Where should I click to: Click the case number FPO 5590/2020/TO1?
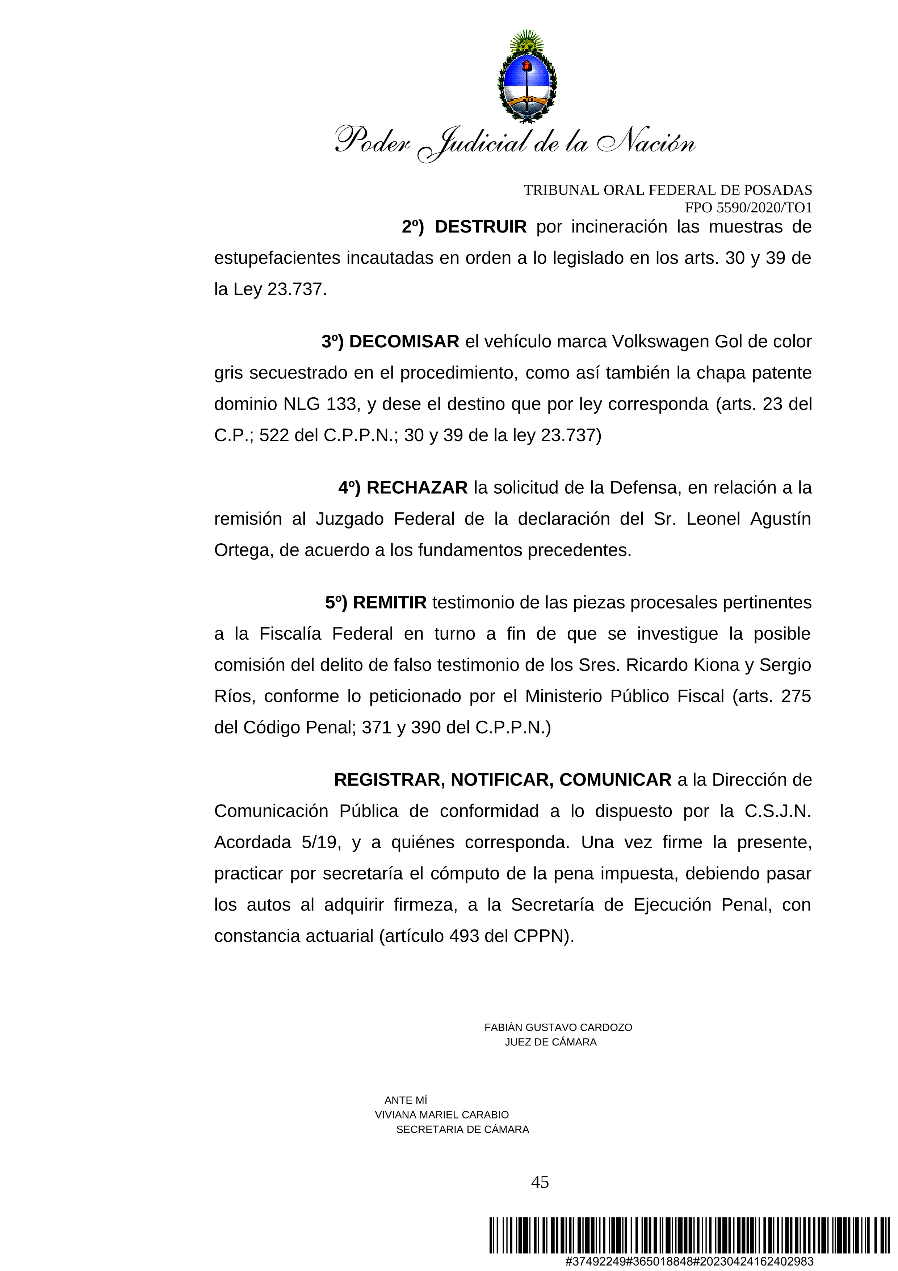click(x=748, y=208)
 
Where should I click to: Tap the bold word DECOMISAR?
click(x=404, y=342)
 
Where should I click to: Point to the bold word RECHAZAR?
click(x=417, y=488)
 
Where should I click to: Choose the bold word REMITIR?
click(x=390, y=602)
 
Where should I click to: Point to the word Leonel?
click(x=713, y=519)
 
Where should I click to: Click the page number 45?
click(x=540, y=1182)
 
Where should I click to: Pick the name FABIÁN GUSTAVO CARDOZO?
click(x=558, y=1028)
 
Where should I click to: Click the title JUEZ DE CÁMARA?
click(x=550, y=1042)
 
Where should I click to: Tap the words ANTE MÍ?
click(x=406, y=1100)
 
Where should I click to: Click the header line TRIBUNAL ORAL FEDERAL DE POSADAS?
click(x=667, y=191)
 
